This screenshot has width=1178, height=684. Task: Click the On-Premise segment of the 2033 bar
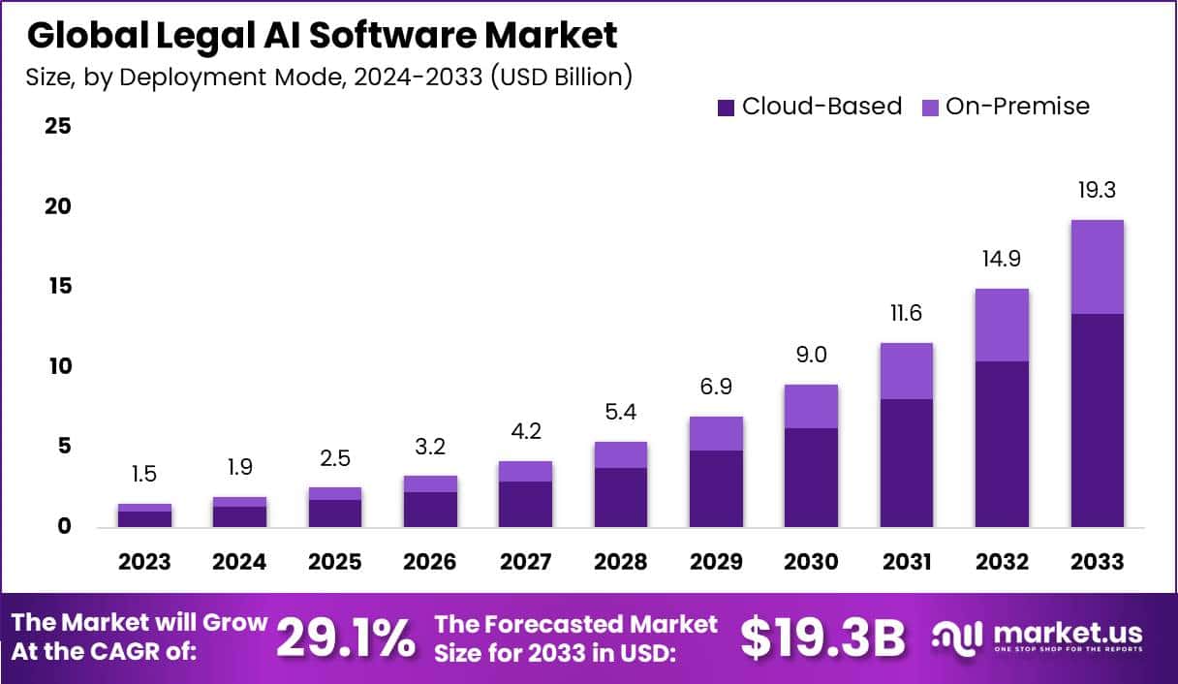point(1097,266)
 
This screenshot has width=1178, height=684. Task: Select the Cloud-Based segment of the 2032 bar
point(1002,444)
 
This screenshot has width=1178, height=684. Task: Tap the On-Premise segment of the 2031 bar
point(907,371)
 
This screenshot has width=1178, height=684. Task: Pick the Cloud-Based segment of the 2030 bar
point(811,477)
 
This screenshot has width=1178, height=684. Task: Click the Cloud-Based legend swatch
point(727,108)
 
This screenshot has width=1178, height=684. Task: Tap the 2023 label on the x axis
point(144,562)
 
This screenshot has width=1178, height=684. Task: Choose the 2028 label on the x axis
point(621,562)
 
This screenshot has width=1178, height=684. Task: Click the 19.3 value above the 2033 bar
point(1097,191)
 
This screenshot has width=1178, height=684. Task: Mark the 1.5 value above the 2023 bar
point(144,475)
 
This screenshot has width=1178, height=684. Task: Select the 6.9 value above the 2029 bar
point(716,388)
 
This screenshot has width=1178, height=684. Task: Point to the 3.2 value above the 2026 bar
point(430,447)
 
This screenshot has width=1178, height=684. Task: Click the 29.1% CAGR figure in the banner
point(346,637)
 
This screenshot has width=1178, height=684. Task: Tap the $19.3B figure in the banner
point(822,637)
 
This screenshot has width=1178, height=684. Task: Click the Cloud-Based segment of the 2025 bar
point(335,513)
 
